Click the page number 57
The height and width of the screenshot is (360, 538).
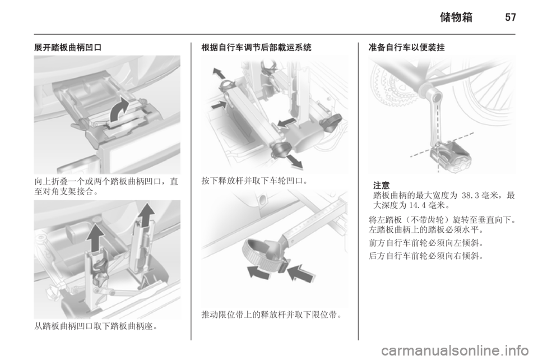coord(511,17)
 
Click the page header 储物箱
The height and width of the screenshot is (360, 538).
coord(456,17)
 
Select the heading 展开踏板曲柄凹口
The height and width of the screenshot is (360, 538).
coord(68,47)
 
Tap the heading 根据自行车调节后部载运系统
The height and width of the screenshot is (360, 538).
coord(256,47)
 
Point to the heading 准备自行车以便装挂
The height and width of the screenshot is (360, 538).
coord(407,47)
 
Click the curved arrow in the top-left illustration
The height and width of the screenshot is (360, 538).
coord(118,109)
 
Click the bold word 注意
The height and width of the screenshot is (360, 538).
coord(382,185)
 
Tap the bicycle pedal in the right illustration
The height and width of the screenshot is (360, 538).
coord(451,156)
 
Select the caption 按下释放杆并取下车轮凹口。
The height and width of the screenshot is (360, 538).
coord(254,181)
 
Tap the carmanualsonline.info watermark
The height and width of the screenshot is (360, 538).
coord(455,350)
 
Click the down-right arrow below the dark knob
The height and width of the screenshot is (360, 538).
coord(294,161)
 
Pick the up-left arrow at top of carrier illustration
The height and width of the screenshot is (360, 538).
coord(219,73)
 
